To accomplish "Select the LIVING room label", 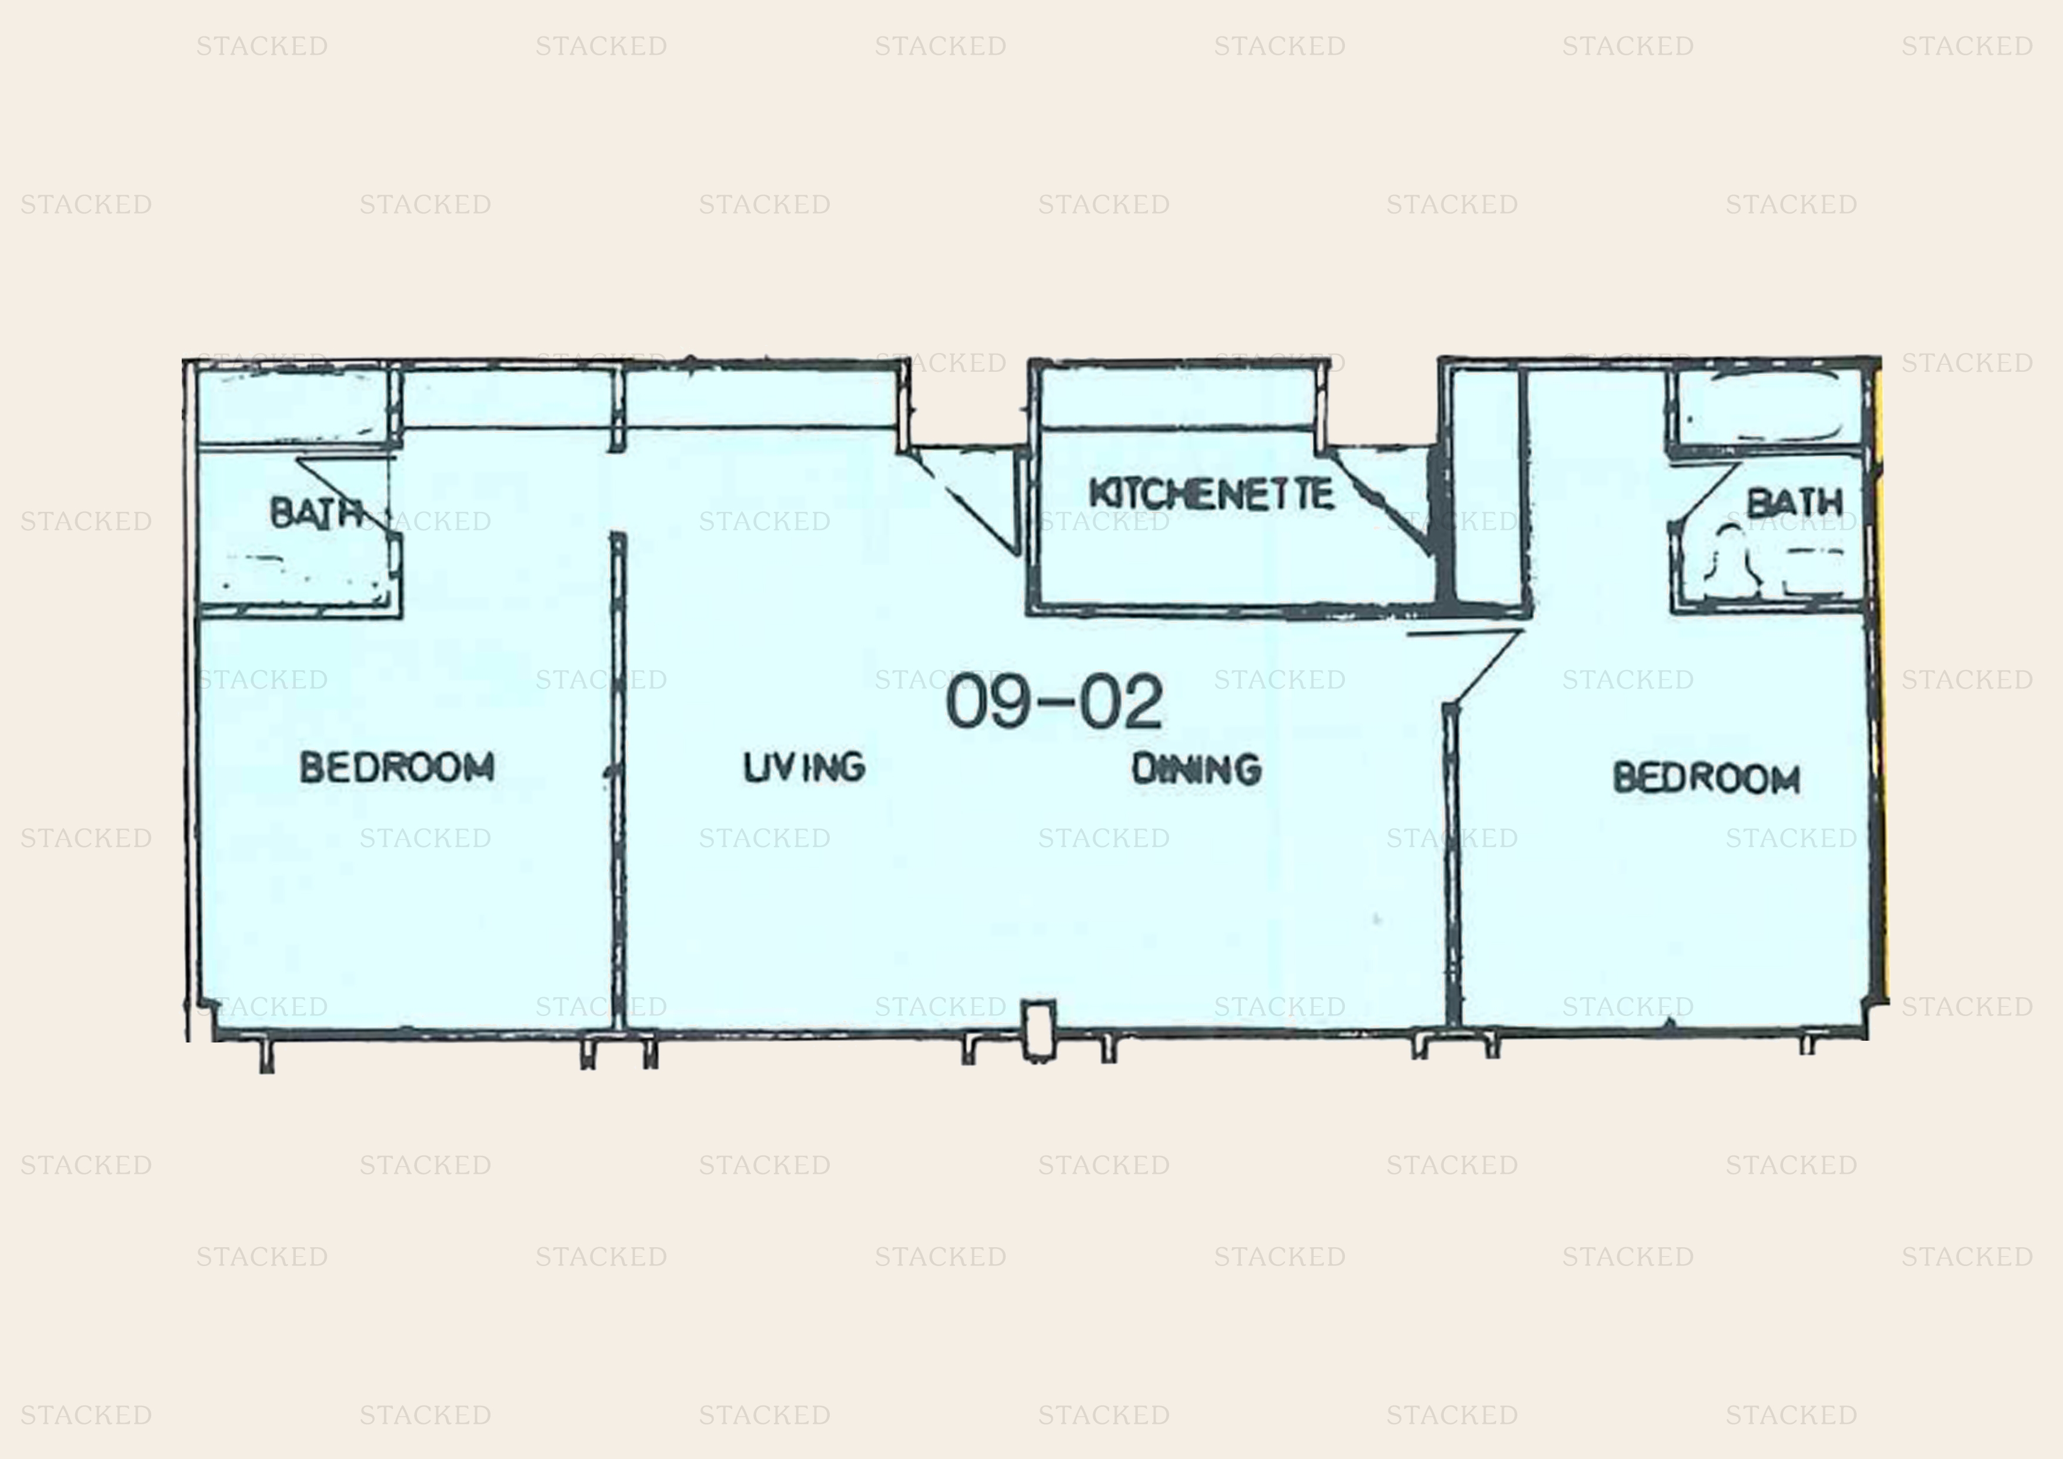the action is click(804, 767).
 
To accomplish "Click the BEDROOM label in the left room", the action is click(396, 767).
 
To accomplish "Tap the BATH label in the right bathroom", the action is click(1794, 502).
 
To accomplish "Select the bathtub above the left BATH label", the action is click(294, 407).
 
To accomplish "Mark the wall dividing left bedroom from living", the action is click(617, 780).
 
